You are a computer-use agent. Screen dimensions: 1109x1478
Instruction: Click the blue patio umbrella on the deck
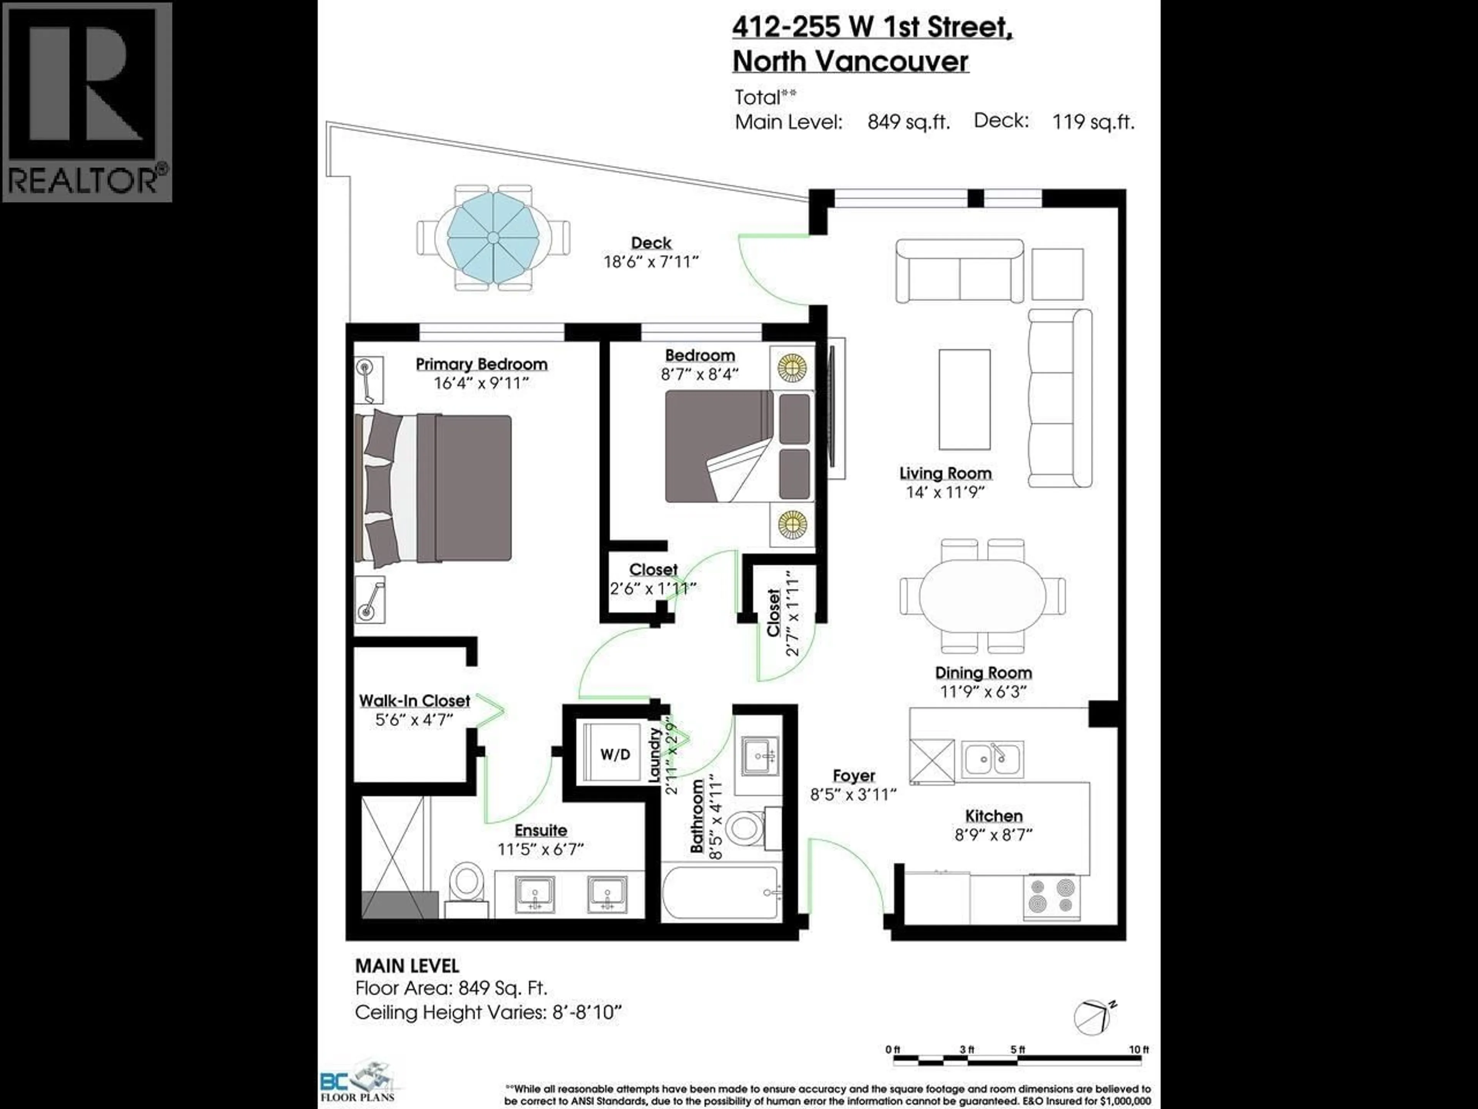492,238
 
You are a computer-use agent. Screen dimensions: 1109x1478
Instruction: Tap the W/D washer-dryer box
615,754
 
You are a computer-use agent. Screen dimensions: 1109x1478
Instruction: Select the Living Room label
945,473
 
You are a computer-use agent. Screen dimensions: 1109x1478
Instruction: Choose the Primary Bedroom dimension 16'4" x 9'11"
481,383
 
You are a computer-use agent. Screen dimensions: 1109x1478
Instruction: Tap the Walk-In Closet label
414,700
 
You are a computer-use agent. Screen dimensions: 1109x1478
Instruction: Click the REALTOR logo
87,102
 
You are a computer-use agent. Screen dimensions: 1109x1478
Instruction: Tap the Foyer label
853,776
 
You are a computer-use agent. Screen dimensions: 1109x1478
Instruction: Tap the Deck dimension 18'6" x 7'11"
651,261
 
